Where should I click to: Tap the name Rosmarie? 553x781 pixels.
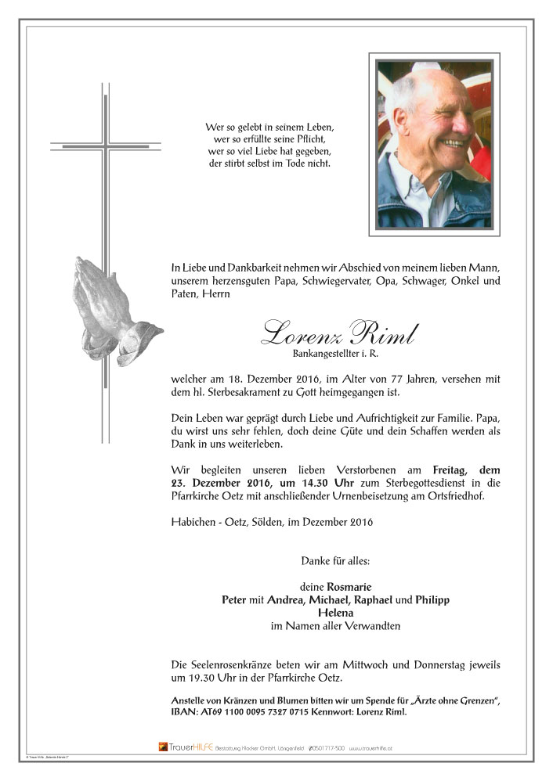(x=351, y=586)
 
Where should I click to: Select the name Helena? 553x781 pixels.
(x=335, y=613)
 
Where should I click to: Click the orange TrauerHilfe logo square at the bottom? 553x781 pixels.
(x=163, y=747)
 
